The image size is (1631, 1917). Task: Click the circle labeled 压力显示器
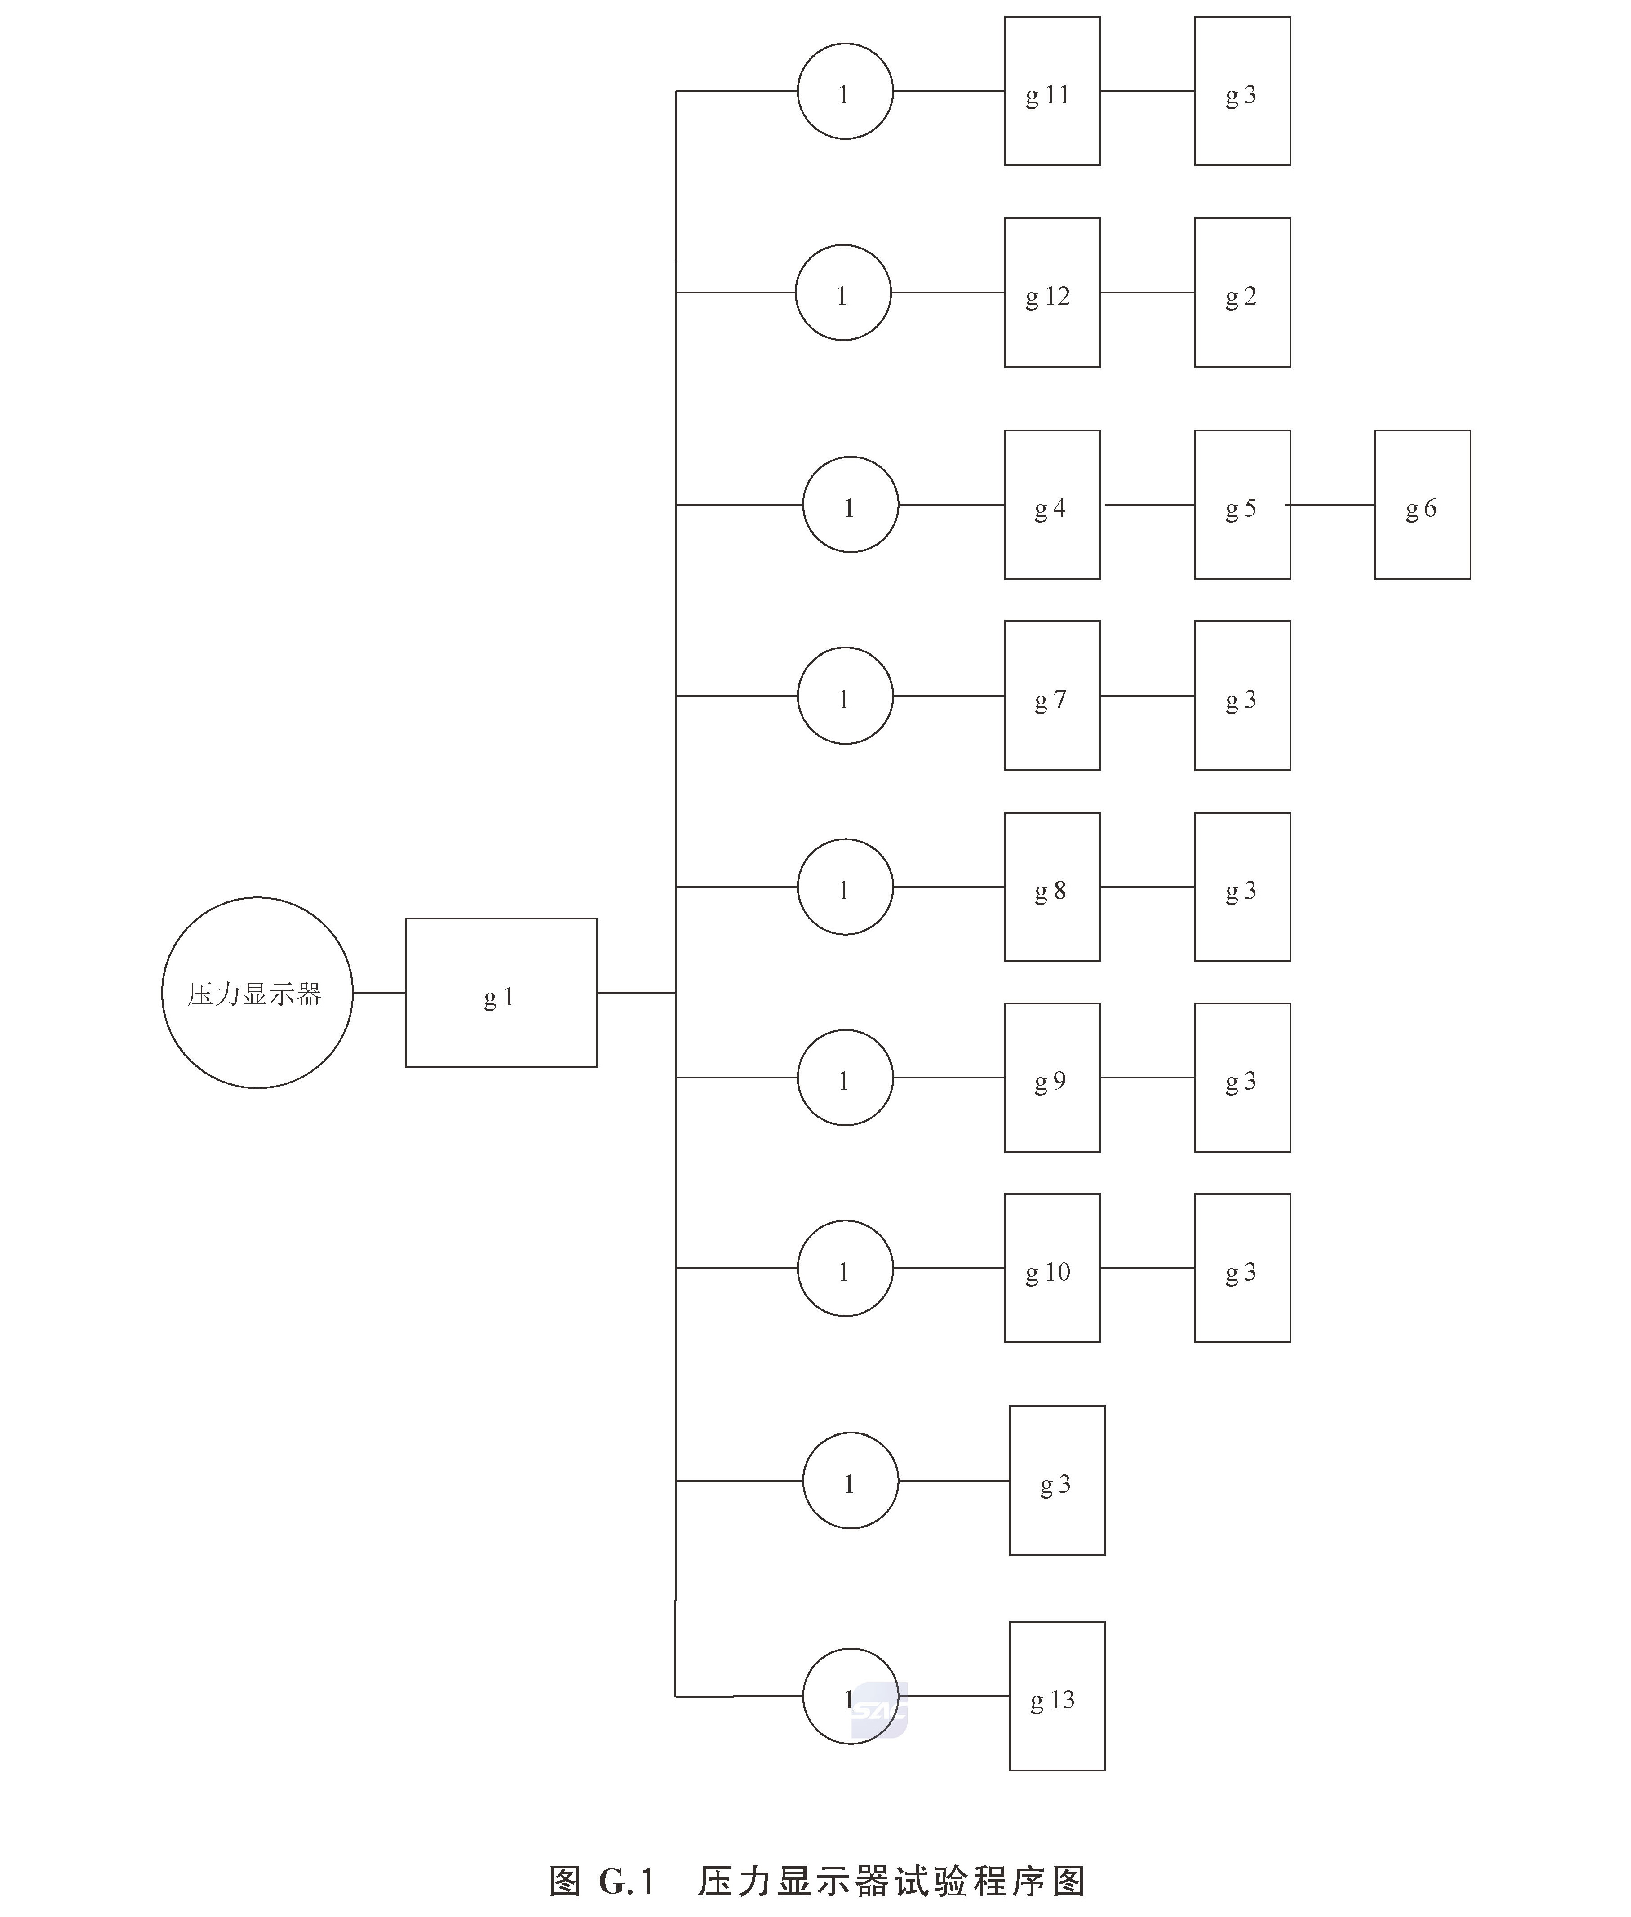257,992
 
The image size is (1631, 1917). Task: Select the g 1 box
500,992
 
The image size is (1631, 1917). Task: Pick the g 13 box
1057,1696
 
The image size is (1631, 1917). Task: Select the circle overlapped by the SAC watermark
850,1696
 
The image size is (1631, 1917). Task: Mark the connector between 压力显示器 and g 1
379,992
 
